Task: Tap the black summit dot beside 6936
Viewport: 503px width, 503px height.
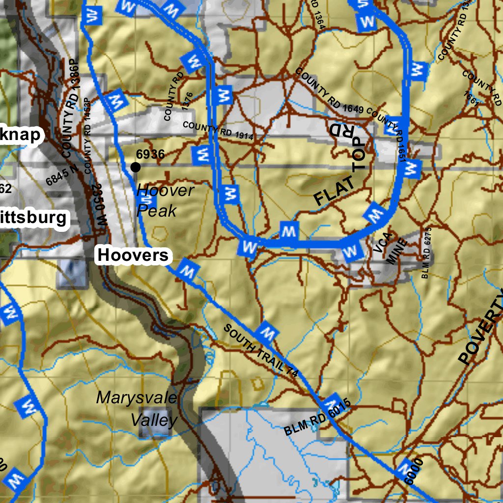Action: coord(136,168)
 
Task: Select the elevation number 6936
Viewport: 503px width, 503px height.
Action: coord(150,154)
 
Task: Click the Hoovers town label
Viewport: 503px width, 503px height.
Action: coord(133,255)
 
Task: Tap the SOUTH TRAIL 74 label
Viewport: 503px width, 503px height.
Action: coord(261,351)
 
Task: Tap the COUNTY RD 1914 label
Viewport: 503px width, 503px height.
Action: coord(218,131)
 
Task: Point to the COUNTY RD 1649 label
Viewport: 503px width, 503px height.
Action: coord(329,91)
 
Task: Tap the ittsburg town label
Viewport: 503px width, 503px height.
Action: coord(33,218)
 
